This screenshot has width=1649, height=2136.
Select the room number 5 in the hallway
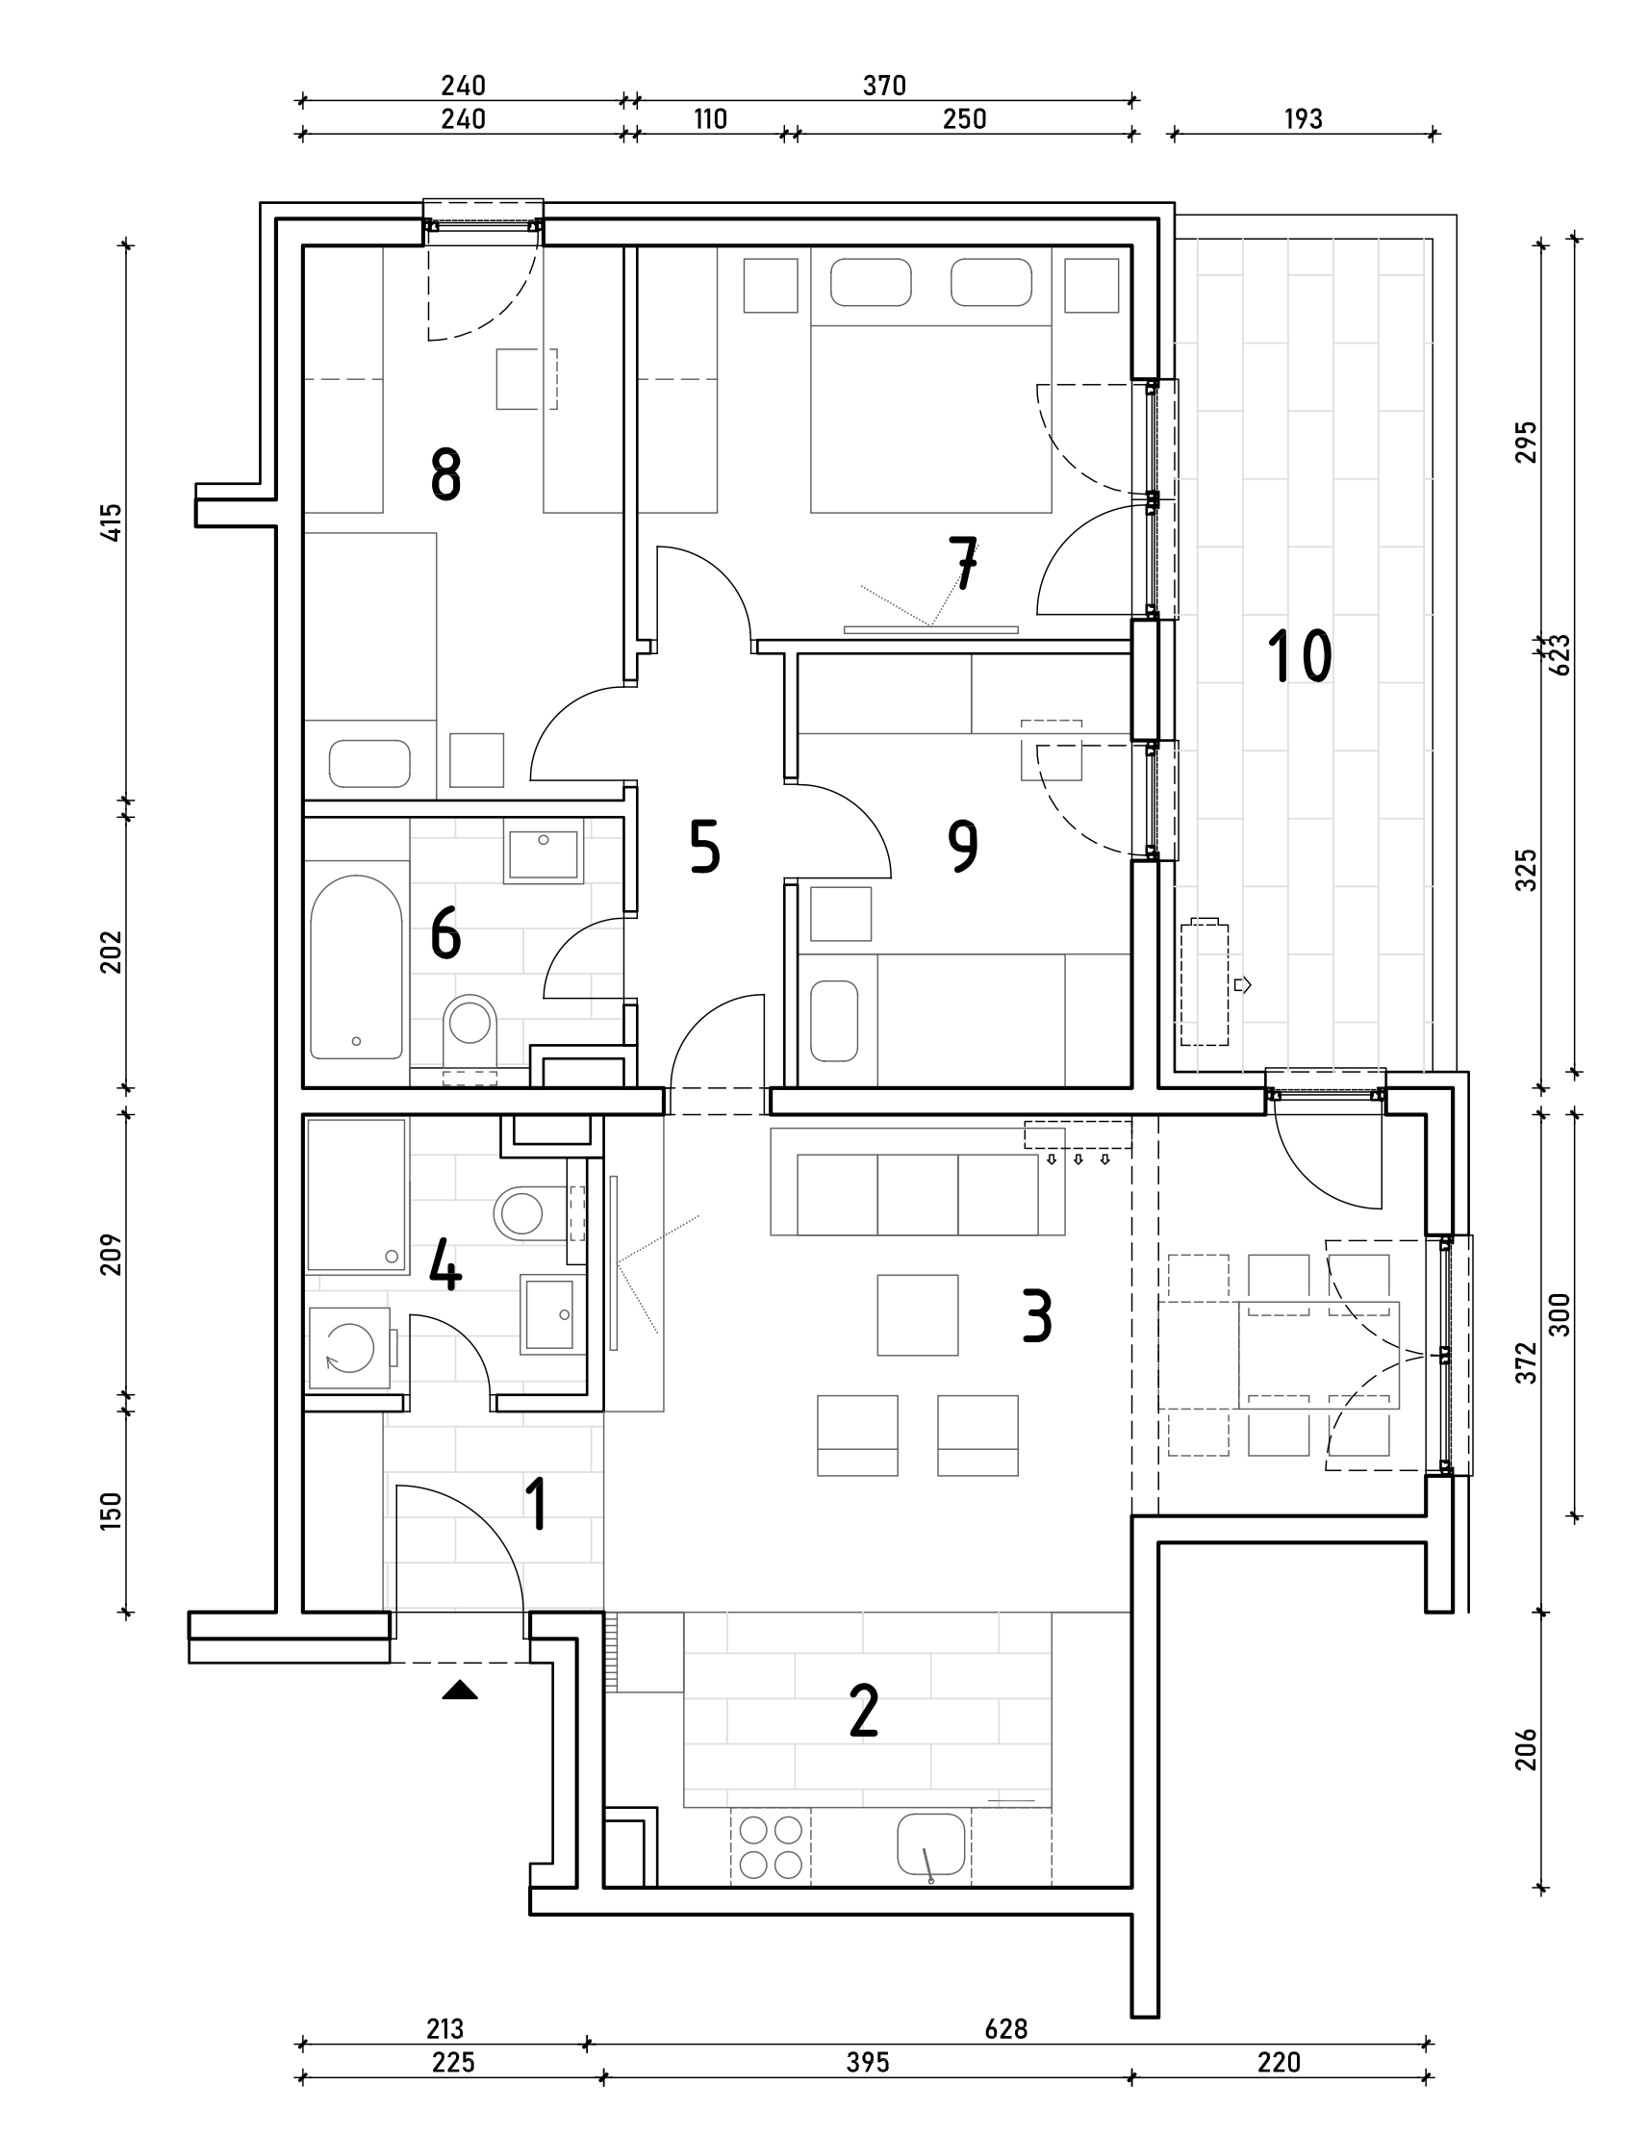point(704,847)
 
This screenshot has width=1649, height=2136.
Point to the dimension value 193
point(1303,119)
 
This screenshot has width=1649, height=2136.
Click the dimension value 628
point(1005,2028)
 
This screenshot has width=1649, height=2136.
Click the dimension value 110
point(710,119)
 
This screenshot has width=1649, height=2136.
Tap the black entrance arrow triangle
point(460,1690)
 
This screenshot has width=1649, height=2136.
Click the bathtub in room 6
point(356,966)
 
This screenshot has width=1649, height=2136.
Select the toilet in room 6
point(469,1027)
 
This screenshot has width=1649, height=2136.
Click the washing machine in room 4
point(350,1349)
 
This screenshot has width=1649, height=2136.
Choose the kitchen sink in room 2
point(931,1844)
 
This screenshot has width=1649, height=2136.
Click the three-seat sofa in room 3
point(918,1194)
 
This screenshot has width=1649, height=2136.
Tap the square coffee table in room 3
point(918,1314)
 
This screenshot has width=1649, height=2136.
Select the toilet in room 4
point(522,1213)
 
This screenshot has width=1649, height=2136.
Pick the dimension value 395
point(868,2063)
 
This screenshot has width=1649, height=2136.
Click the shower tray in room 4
point(356,1195)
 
